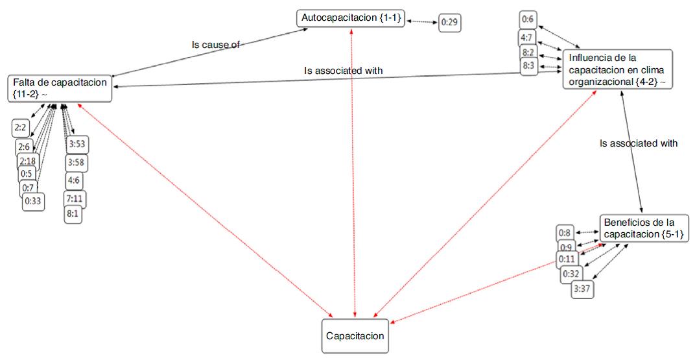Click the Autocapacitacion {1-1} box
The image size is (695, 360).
coord(351,19)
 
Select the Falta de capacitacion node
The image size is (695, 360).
coord(60,89)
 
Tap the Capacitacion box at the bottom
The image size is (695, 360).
coord(355,336)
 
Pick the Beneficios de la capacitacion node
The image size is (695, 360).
coord(644,228)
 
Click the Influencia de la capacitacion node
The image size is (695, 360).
coord(618,69)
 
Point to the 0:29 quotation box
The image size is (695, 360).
coord(450,22)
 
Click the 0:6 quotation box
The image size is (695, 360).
coord(528,20)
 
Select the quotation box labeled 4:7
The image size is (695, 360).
coord(527,38)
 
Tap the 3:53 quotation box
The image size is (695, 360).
coord(77,145)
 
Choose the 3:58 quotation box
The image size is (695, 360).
coord(77,163)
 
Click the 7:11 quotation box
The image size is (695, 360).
coord(76,198)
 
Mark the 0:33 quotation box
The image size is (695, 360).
coord(33,201)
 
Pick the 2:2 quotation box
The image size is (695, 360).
coord(20,128)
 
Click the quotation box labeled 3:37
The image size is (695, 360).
coord(582,289)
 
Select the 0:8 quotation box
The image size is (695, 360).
coord(565,234)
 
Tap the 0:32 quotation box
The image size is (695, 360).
coord(571,274)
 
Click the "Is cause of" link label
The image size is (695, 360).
coord(216,45)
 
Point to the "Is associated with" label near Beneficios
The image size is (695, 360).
coord(639,143)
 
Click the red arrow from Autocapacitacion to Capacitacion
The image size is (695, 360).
coord(353,173)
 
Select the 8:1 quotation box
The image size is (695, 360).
coord(73,215)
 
